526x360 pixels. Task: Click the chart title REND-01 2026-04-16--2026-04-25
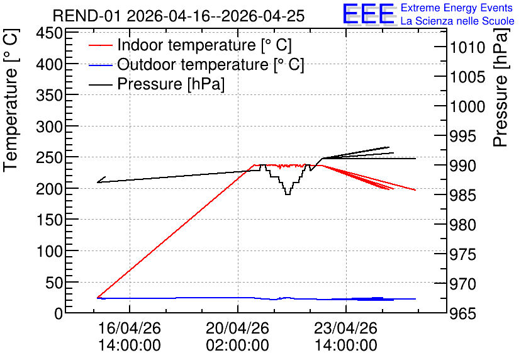click(179, 16)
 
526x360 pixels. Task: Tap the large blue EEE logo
click(368, 14)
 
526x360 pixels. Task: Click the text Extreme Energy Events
click(457, 8)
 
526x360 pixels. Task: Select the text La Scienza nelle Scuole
click(457, 21)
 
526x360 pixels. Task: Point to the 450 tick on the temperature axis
click(50, 33)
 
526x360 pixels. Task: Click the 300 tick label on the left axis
click(50, 127)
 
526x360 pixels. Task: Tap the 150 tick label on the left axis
click(50, 220)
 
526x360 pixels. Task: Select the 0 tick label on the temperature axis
click(59, 314)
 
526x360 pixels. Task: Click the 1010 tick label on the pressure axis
click(467, 48)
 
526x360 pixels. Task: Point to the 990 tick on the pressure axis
click(463, 166)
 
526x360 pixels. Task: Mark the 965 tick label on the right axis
click(463, 314)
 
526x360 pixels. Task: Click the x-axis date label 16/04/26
click(130, 328)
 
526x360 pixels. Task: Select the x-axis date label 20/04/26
click(237, 328)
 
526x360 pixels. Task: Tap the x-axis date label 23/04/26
click(346, 328)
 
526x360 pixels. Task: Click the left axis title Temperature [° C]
click(11, 101)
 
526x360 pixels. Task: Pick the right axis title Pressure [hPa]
click(501, 87)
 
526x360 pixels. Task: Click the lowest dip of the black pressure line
click(288, 194)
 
